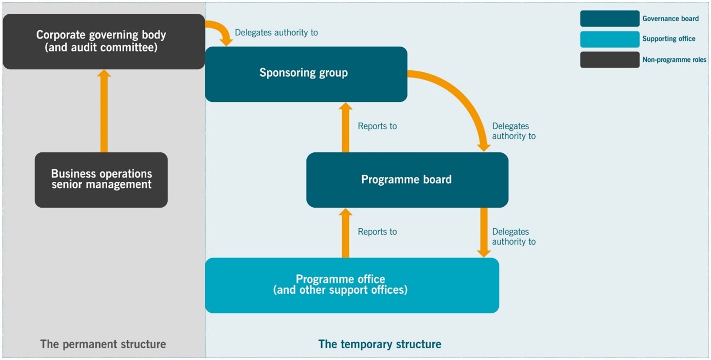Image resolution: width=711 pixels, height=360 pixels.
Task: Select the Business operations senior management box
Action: (101, 179)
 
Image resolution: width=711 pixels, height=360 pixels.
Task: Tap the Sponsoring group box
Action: (306, 74)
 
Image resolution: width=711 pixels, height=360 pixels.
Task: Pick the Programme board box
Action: (407, 179)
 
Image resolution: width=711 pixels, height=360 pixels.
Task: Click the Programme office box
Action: (352, 285)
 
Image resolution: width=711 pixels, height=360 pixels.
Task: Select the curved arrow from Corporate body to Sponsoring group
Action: (219, 30)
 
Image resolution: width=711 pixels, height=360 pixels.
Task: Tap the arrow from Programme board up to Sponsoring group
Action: (345, 127)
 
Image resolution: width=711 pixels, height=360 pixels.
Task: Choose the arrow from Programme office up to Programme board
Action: (345, 233)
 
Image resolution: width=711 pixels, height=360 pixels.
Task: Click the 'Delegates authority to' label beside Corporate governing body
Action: (276, 33)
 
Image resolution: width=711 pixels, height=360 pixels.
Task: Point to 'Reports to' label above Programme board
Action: (377, 126)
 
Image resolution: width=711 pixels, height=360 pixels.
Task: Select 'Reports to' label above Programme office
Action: (377, 232)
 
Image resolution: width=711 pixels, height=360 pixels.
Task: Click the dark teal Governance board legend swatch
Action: (609, 18)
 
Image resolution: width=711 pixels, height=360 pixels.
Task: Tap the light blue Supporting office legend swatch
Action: (609, 39)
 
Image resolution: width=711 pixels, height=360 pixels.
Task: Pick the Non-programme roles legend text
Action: (674, 60)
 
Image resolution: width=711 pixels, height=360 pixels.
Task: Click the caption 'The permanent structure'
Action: (103, 344)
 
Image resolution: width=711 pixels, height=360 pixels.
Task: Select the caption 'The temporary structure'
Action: (380, 344)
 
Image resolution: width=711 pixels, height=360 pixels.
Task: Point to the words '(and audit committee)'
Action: (101, 48)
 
